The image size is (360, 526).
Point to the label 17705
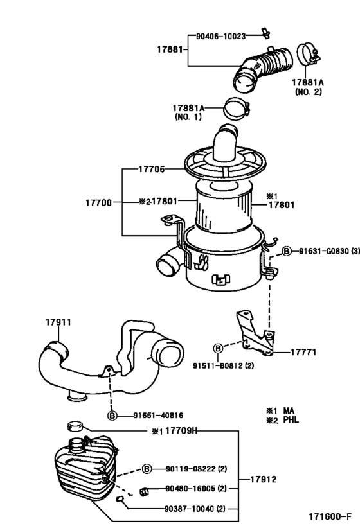(152, 170)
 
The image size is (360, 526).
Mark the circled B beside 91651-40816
(112, 416)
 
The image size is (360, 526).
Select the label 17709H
(178, 431)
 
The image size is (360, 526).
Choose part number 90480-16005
(190, 489)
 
